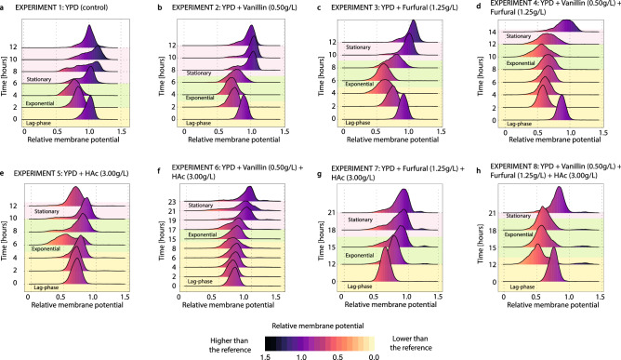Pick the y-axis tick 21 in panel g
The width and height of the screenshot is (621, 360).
point(333,212)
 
